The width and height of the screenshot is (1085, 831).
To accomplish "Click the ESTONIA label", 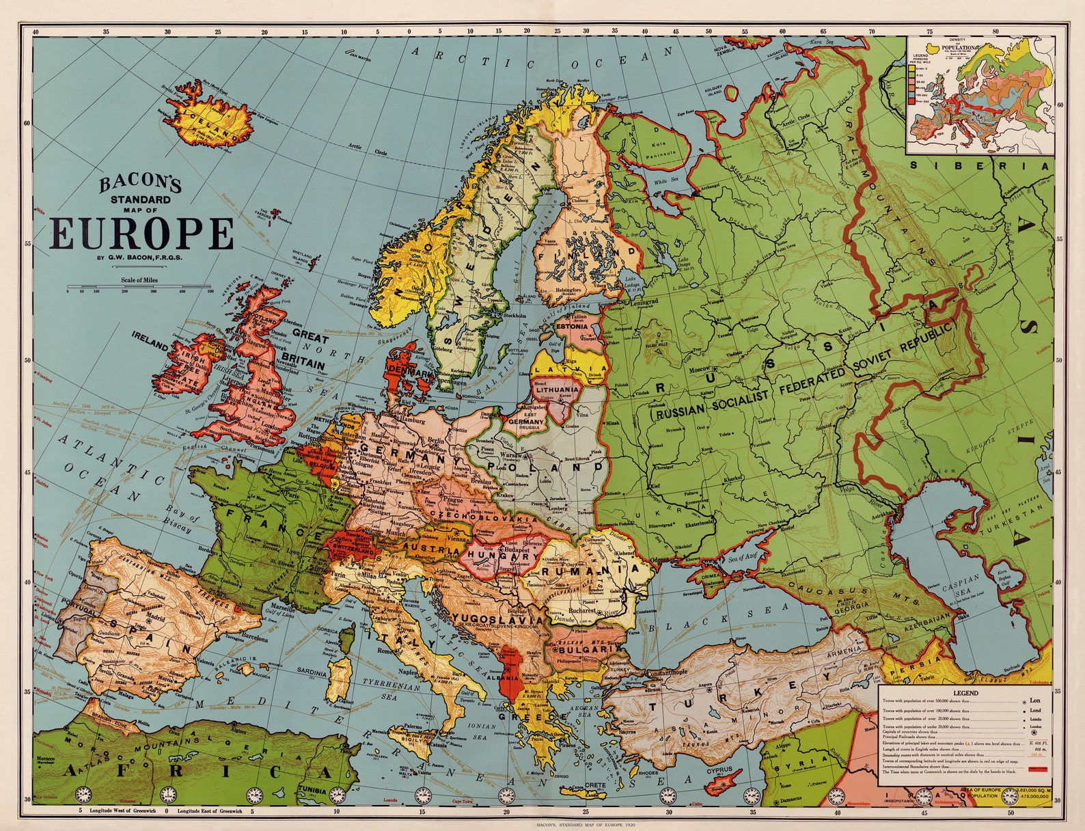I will (572, 327).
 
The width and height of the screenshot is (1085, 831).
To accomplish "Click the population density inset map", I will (980, 96).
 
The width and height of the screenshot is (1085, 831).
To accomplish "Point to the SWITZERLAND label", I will (353, 550).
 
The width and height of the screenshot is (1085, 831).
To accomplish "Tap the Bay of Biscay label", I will (180, 523).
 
